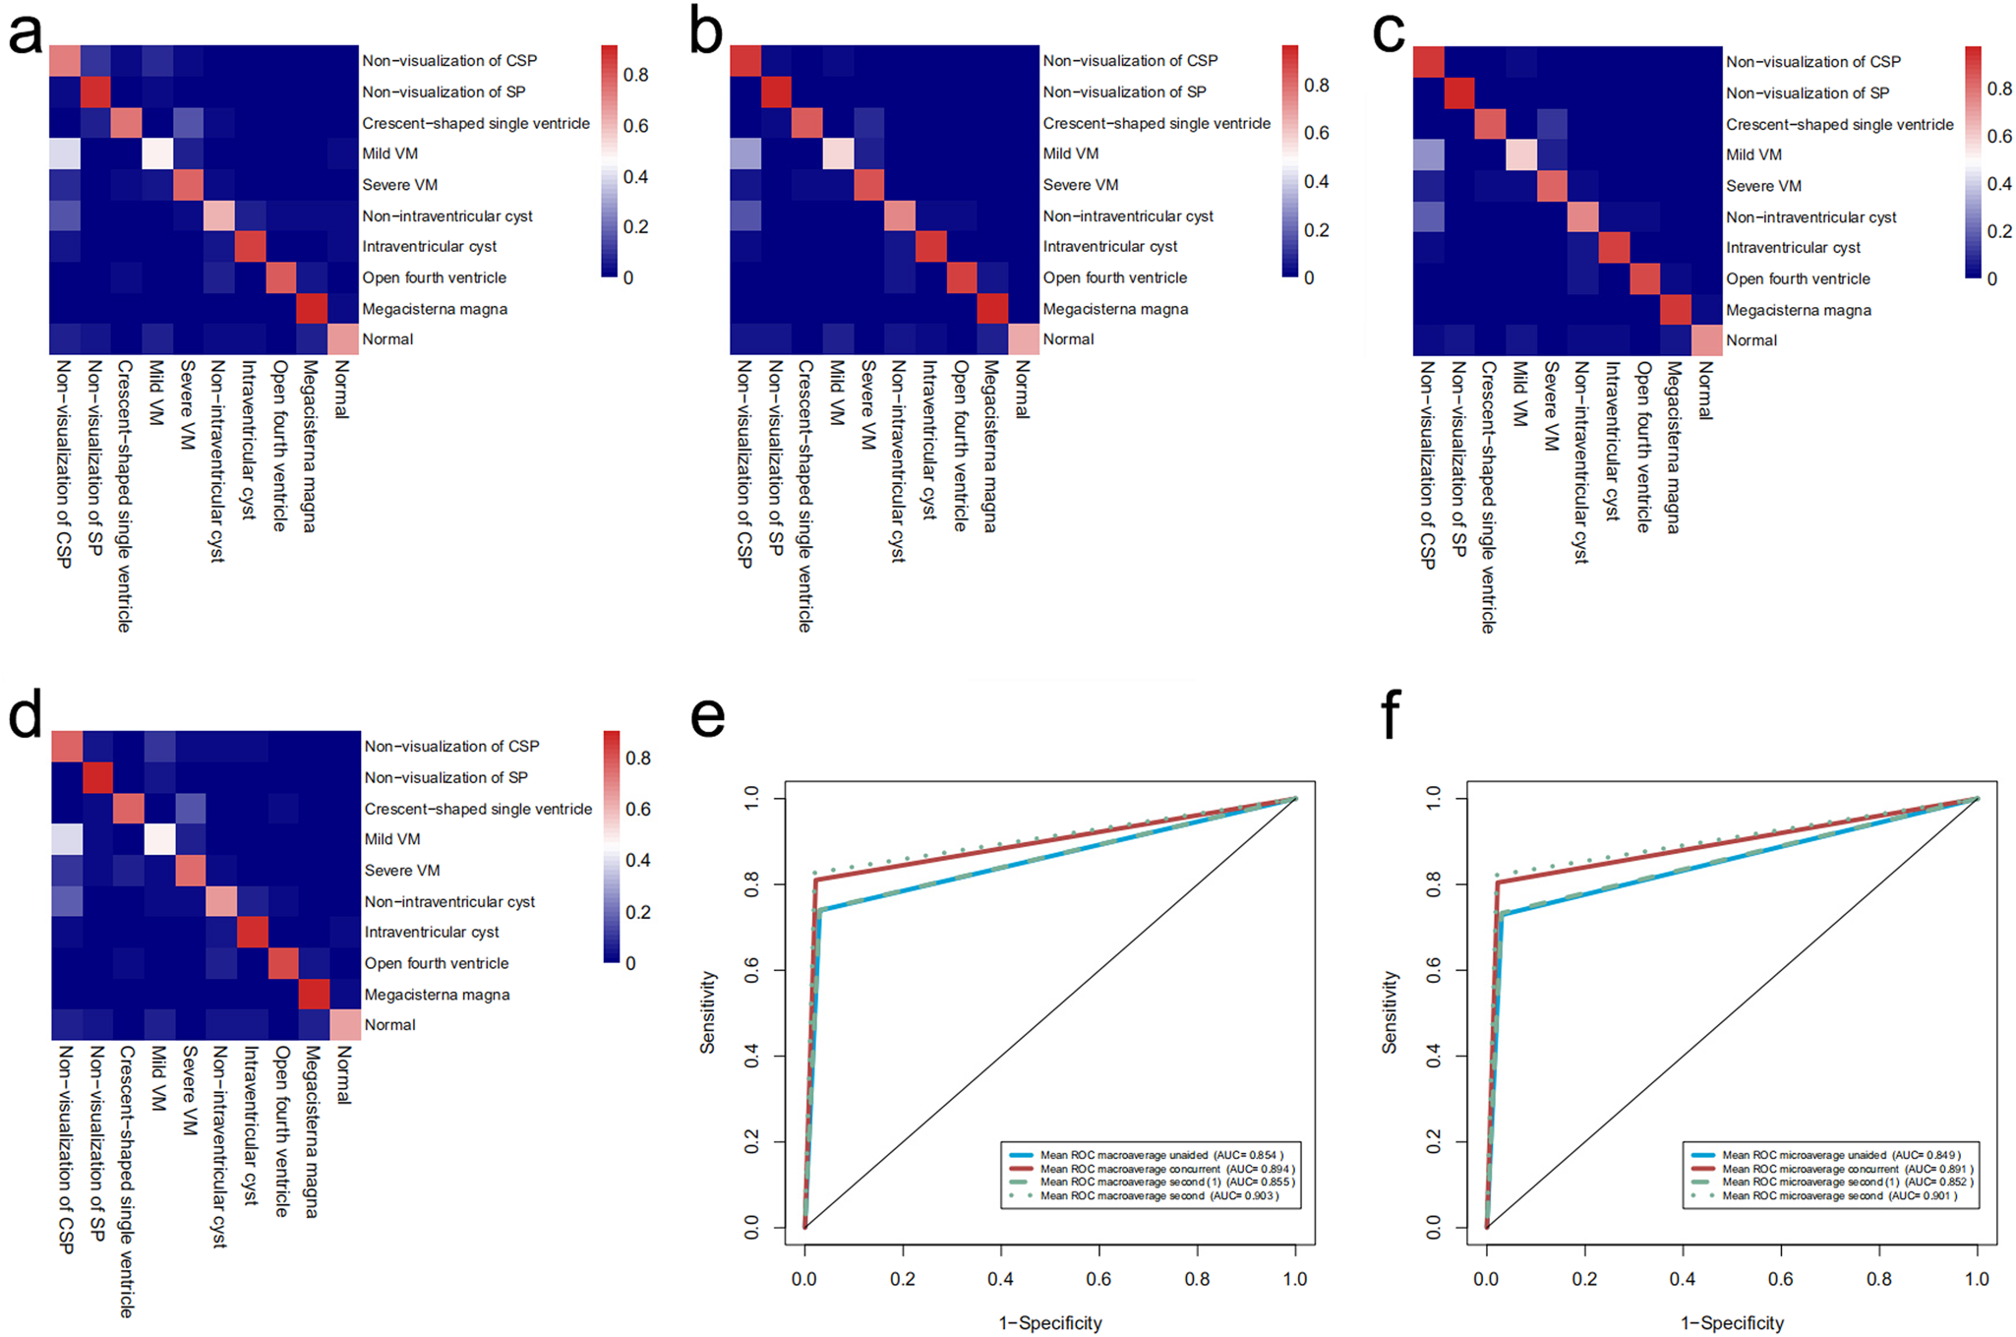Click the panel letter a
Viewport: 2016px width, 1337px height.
pyautogui.click(x=25, y=31)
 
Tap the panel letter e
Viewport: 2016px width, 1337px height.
pyautogui.click(x=707, y=715)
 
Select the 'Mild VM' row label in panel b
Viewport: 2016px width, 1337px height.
pyautogui.click(x=1070, y=153)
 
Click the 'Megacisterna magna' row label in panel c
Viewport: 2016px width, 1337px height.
pyautogui.click(x=1798, y=310)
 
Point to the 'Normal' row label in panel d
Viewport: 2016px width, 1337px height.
pyautogui.click(x=389, y=1025)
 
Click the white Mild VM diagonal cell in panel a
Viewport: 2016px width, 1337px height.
pyautogui.click(x=157, y=153)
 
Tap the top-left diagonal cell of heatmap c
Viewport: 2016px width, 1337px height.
pyautogui.click(x=1428, y=62)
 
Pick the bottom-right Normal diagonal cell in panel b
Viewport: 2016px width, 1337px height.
pyautogui.click(x=1023, y=339)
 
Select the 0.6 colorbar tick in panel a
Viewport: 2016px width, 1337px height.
pyautogui.click(x=636, y=126)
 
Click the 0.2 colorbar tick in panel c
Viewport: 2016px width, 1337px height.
pyautogui.click(x=1999, y=231)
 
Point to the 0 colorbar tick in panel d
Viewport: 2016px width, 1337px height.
pyautogui.click(x=630, y=964)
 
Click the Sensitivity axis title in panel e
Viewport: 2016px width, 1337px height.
pyautogui.click(x=708, y=1012)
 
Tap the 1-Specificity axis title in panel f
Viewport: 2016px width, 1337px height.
pyautogui.click(x=1732, y=1323)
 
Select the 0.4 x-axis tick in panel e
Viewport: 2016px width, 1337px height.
pyautogui.click(x=1000, y=1279)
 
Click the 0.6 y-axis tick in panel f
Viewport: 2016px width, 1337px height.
pyautogui.click(x=1434, y=970)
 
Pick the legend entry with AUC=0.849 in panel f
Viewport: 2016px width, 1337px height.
pyautogui.click(x=1840, y=1155)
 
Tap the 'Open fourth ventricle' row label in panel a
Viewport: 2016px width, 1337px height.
pyautogui.click(x=434, y=277)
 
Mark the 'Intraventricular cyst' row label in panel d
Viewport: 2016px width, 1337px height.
pyautogui.click(x=431, y=933)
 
